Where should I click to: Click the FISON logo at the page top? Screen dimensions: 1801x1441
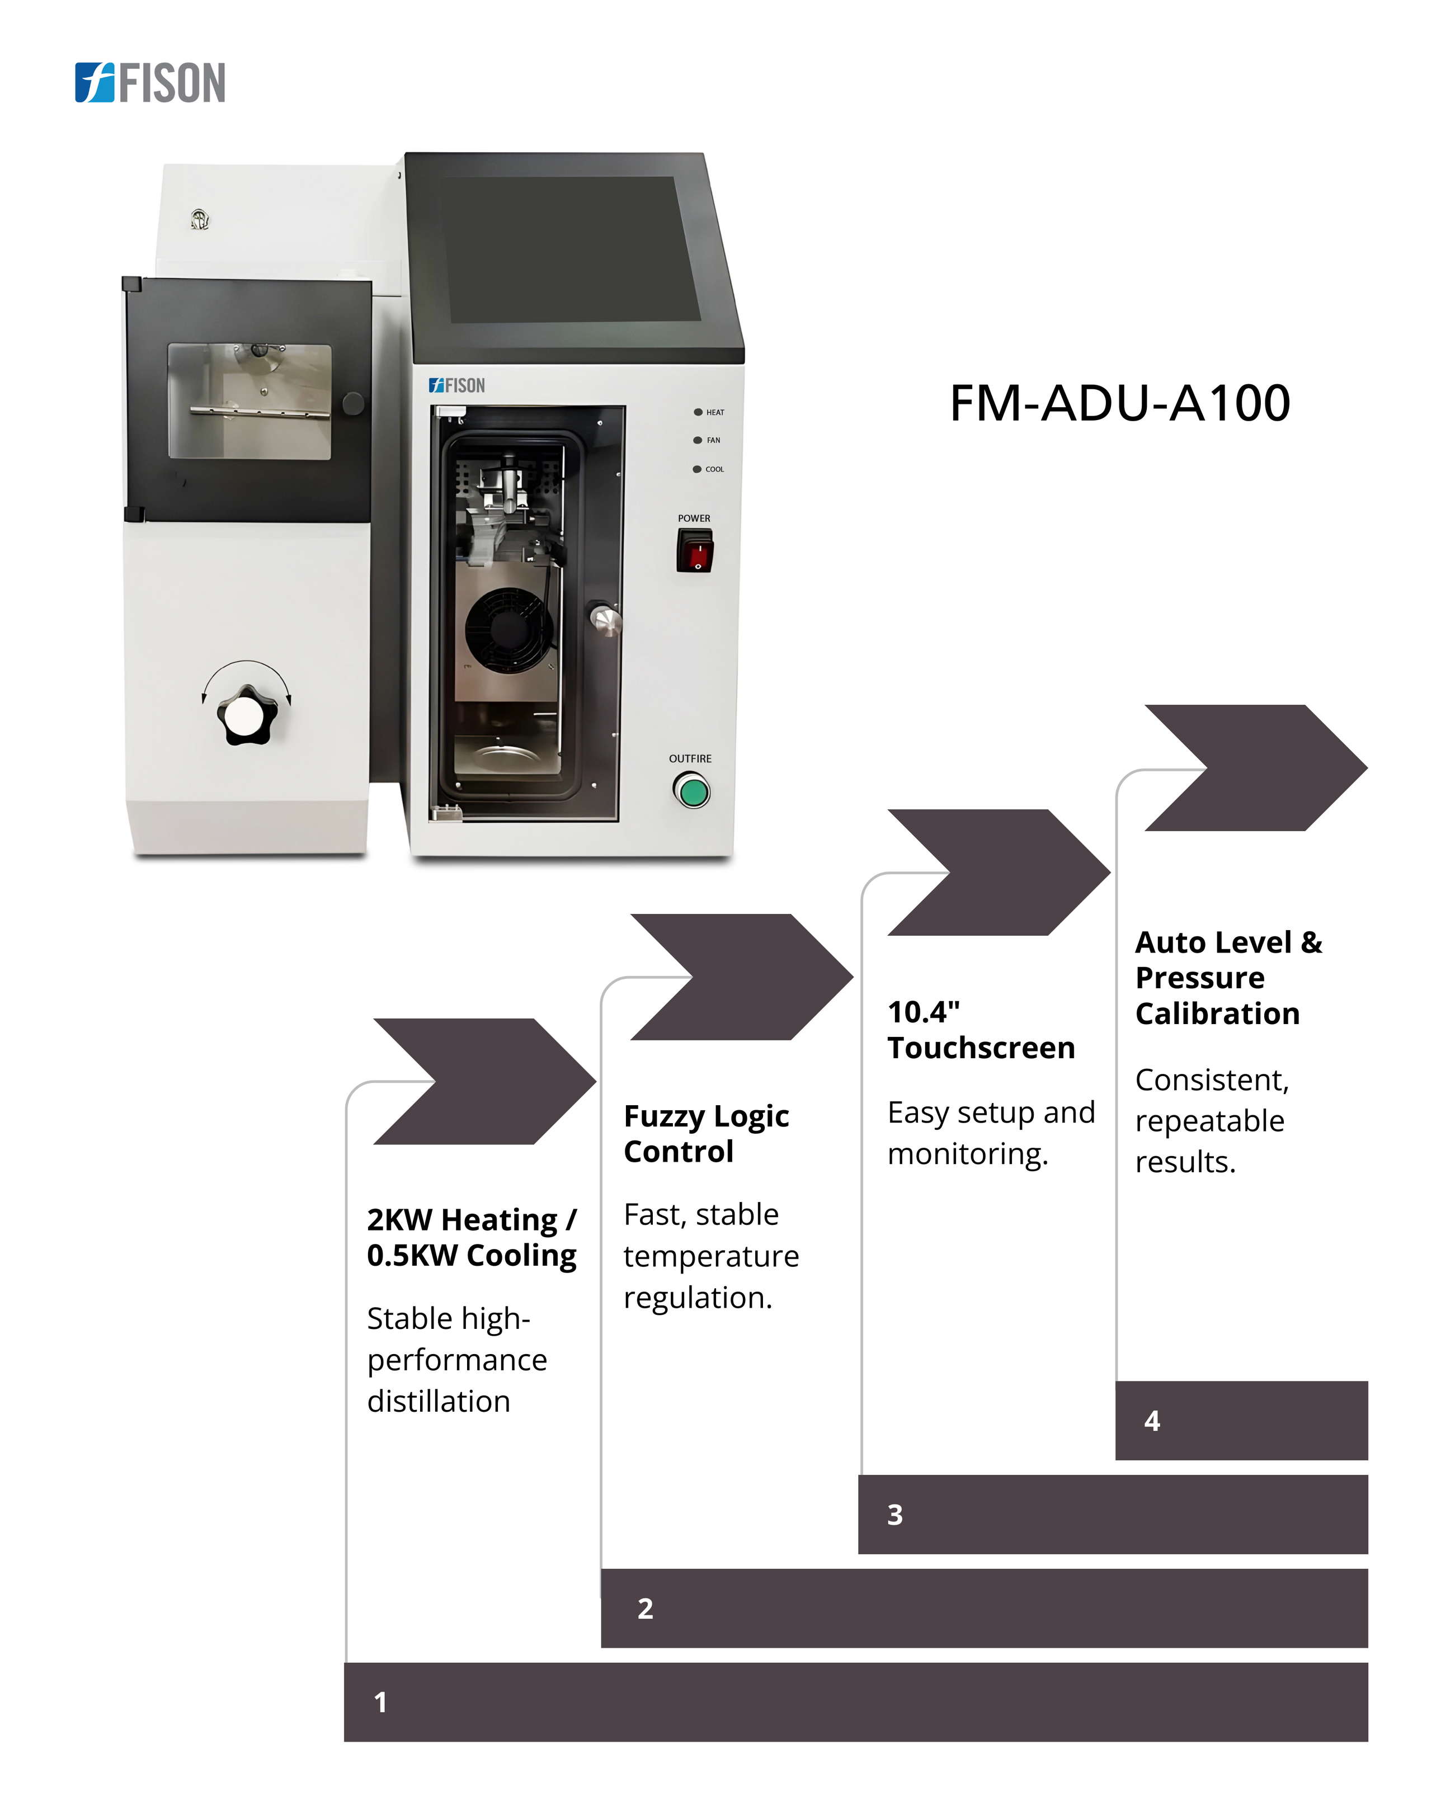150,83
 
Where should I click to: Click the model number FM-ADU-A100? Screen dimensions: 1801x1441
1119,403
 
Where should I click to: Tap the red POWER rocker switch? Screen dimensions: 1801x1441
694,552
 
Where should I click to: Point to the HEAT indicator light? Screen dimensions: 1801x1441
698,412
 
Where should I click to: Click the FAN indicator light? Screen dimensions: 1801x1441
698,440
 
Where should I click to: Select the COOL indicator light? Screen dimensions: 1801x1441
696,469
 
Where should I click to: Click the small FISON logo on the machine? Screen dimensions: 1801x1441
457,385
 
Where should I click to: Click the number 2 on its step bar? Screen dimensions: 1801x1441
645,1608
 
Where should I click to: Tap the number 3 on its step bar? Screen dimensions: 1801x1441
894,1515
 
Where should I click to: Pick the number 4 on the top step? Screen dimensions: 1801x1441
1152,1421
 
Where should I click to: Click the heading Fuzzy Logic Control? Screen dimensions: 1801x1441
706,1134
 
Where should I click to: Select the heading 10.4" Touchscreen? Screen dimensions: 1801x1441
981,1030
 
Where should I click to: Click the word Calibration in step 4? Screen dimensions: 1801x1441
1217,1013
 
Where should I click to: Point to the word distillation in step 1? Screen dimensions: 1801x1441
439,1401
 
